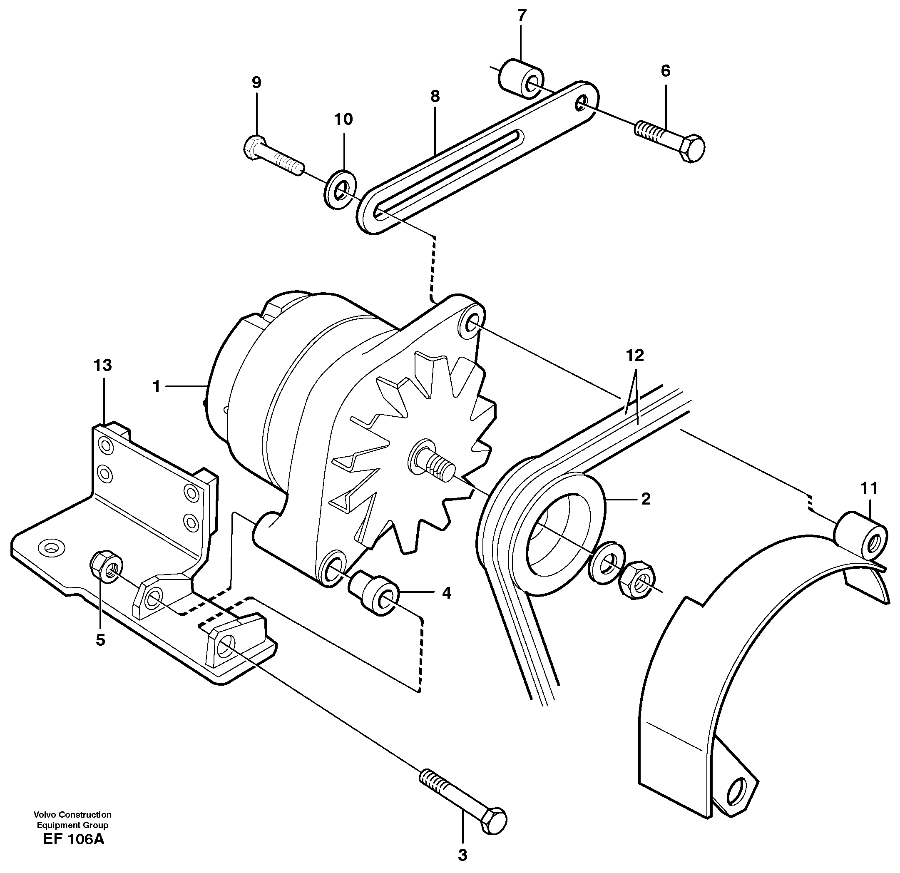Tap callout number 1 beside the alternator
tap(157, 387)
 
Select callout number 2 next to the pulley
tap(646, 499)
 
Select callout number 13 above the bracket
tap(102, 366)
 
